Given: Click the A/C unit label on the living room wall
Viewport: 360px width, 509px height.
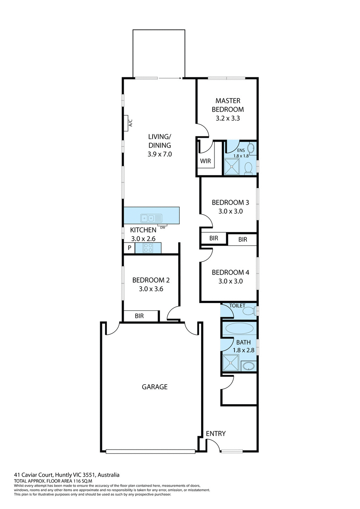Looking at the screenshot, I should coord(130,123).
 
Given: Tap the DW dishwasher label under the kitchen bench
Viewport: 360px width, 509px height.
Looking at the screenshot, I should coord(162,227).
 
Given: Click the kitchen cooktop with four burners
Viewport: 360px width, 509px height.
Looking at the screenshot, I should coord(148,248).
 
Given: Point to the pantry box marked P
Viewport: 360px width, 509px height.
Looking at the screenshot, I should coord(129,248).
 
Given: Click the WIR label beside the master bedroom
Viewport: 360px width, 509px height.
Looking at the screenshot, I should coord(205,161).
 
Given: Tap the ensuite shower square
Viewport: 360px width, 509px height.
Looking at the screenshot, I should coord(232,167).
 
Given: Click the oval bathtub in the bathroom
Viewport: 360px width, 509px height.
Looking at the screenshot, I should coord(239,329).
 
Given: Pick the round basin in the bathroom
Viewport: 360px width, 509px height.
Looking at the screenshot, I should coord(249,366).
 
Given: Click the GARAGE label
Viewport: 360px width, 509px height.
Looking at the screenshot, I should coord(155,387).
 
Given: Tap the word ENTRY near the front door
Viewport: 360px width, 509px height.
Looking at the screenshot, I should coord(216,433).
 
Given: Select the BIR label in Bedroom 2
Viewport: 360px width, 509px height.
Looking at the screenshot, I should coord(139,316).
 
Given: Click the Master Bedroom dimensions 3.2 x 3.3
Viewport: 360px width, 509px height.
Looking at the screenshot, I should coord(228,118).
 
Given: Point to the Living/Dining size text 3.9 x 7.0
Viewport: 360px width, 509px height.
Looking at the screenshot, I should coord(160,154).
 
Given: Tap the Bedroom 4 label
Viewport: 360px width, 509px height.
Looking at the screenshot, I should coord(230,272).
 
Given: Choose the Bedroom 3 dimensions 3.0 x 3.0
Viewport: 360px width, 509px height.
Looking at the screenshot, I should coord(230,211).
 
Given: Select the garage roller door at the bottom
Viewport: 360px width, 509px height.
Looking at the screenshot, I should coord(150,452).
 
